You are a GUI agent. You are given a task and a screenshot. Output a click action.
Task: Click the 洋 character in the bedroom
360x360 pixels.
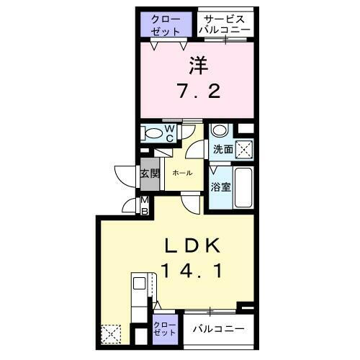click(198, 67)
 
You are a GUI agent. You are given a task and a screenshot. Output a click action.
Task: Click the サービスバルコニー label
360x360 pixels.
click(225, 24)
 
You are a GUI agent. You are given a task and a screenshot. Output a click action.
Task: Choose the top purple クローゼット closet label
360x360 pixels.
click(166, 24)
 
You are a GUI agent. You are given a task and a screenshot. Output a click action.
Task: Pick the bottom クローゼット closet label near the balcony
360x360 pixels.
click(164, 330)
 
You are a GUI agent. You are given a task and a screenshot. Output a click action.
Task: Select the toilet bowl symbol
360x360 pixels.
click(153, 133)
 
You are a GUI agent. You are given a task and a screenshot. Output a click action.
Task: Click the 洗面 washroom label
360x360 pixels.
click(223, 150)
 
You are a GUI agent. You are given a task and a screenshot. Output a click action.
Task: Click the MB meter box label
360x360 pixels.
click(144, 204)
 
